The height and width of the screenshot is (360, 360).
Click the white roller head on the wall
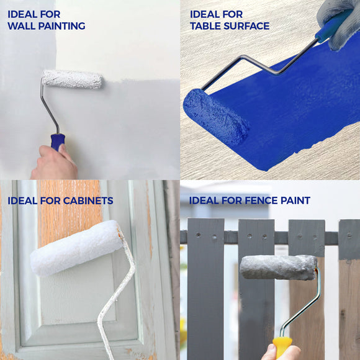coord(72,79)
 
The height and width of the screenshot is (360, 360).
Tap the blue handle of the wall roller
coord(58,142)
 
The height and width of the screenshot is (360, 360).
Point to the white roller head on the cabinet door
coord(76,248)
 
